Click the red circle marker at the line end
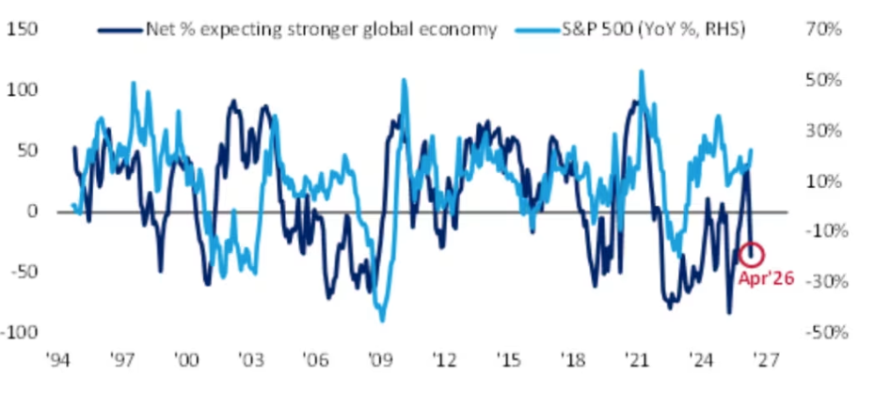pos(753,255)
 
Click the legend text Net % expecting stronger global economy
pos(321,29)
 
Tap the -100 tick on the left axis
pos(21,332)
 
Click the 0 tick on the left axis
pos(32,212)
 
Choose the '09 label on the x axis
pos(379,360)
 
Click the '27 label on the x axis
pos(767,360)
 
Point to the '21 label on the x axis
pos(638,360)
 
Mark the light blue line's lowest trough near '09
pos(382,321)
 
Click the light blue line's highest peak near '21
pos(642,71)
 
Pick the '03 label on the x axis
pos(250,360)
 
